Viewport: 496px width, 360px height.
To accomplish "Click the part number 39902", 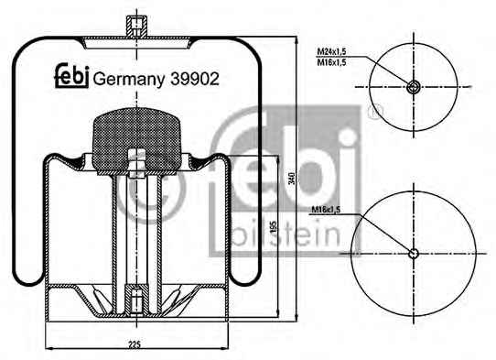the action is [x=195, y=79].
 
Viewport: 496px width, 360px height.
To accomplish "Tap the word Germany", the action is [x=129, y=80].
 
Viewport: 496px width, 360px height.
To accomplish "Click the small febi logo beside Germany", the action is [x=71, y=75].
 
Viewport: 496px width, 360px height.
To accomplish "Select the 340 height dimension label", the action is [x=292, y=179].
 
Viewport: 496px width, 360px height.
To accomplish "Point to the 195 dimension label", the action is [x=274, y=226].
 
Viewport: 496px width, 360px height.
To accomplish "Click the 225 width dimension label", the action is [x=135, y=344].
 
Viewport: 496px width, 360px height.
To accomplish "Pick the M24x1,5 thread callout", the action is [x=332, y=51].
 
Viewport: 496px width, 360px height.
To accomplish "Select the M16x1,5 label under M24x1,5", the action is [x=332, y=62].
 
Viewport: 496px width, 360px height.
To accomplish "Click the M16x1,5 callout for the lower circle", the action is [x=326, y=210].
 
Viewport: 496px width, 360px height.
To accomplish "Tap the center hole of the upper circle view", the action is [x=414, y=87].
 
